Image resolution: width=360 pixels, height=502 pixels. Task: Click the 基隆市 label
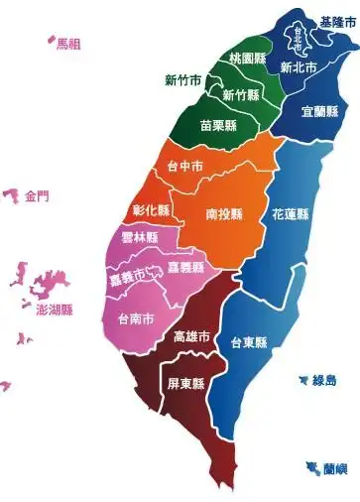(337, 21)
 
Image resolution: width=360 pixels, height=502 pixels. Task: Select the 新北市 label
(299, 68)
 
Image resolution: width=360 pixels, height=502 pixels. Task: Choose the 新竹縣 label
(241, 95)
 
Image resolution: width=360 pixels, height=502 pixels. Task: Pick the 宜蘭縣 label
(319, 112)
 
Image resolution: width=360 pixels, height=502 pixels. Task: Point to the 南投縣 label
(226, 213)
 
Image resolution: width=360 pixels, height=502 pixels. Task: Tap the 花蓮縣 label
(291, 214)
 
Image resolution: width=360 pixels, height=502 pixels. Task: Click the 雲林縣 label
(139, 238)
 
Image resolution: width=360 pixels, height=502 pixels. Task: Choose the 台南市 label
(135, 319)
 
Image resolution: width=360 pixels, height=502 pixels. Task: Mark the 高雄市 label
(191, 337)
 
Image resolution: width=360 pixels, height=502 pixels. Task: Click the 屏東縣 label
(185, 384)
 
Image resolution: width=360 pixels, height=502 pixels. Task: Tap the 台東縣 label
(249, 343)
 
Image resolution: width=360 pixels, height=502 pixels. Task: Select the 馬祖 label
(68, 44)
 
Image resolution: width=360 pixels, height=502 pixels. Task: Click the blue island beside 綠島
(302, 379)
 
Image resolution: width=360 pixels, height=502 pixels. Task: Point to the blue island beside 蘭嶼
(313, 466)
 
